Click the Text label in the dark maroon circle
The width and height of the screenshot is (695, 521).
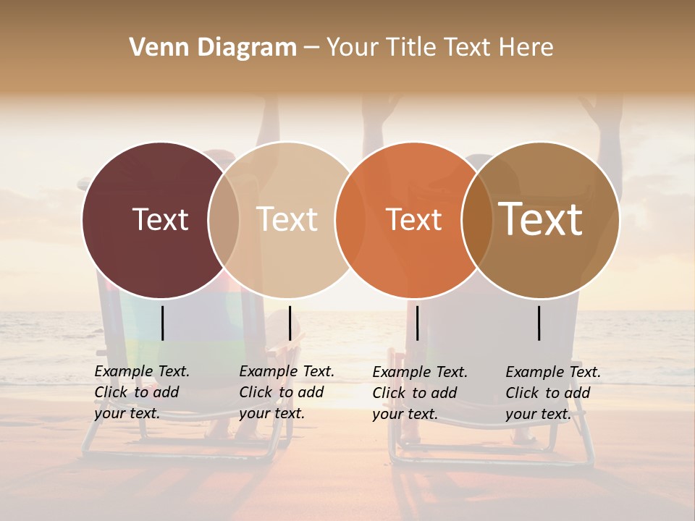160,219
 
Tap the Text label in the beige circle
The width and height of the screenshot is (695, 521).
287,219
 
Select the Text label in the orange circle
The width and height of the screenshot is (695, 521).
413,219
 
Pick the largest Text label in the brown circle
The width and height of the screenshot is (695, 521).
540,219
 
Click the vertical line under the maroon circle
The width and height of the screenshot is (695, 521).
162,323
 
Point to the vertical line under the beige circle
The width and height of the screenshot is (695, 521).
290,323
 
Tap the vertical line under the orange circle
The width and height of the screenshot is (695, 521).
417,323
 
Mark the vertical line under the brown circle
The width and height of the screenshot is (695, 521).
539,323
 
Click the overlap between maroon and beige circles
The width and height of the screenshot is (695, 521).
224,219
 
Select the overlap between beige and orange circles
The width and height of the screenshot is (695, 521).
350,219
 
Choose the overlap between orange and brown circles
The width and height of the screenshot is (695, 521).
477,219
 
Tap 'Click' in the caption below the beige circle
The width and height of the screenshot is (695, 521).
256,393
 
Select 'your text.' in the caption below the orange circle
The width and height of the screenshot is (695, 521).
405,415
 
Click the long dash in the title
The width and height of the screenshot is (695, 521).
311,48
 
